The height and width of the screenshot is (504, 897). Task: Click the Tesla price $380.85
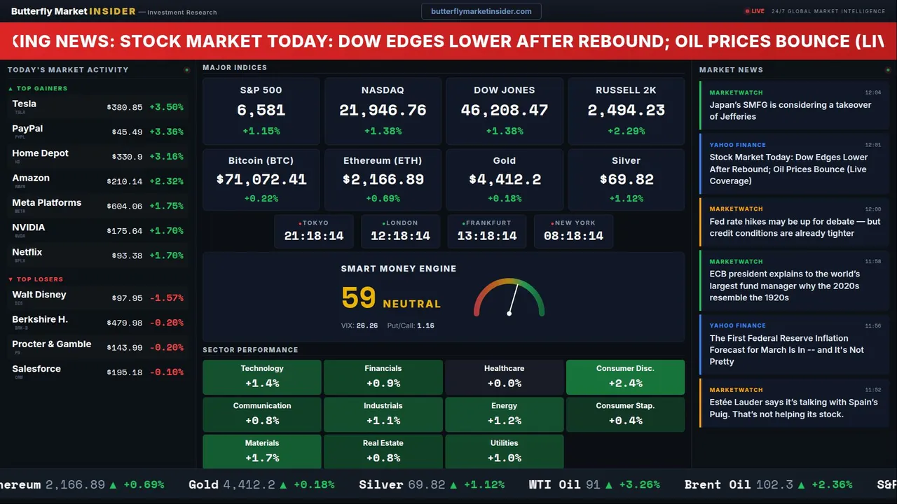click(125, 108)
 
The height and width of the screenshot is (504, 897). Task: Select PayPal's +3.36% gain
click(167, 132)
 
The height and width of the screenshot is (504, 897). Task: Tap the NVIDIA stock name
click(29, 227)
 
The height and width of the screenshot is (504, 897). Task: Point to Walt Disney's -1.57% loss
click(167, 298)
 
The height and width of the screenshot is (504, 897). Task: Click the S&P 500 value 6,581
click(261, 111)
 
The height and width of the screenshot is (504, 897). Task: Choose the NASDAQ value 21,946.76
click(383, 111)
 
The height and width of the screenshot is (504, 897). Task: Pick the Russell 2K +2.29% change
click(626, 131)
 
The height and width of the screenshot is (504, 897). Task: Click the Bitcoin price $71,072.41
click(261, 180)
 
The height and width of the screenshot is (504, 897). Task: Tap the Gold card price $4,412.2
click(505, 180)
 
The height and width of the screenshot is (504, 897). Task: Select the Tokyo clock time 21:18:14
click(314, 236)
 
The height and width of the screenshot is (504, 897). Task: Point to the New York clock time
click(573, 236)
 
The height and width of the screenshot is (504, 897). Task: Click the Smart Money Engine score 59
click(359, 298)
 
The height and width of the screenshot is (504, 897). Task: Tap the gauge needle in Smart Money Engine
click(513, 299)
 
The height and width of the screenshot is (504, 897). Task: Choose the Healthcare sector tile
click(504, 377)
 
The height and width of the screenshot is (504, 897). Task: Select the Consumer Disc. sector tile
click(625, 377)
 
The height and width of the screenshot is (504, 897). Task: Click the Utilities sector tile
click(504, 451)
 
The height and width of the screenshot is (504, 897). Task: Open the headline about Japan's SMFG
click(790, 111)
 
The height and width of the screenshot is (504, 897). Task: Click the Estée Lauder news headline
click(793, 408)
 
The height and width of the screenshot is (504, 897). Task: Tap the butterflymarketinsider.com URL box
click(481, 11)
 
